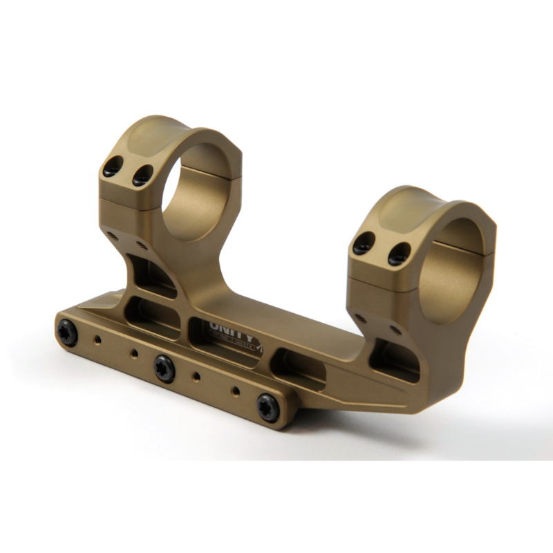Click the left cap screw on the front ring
click(x=364, y=243)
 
